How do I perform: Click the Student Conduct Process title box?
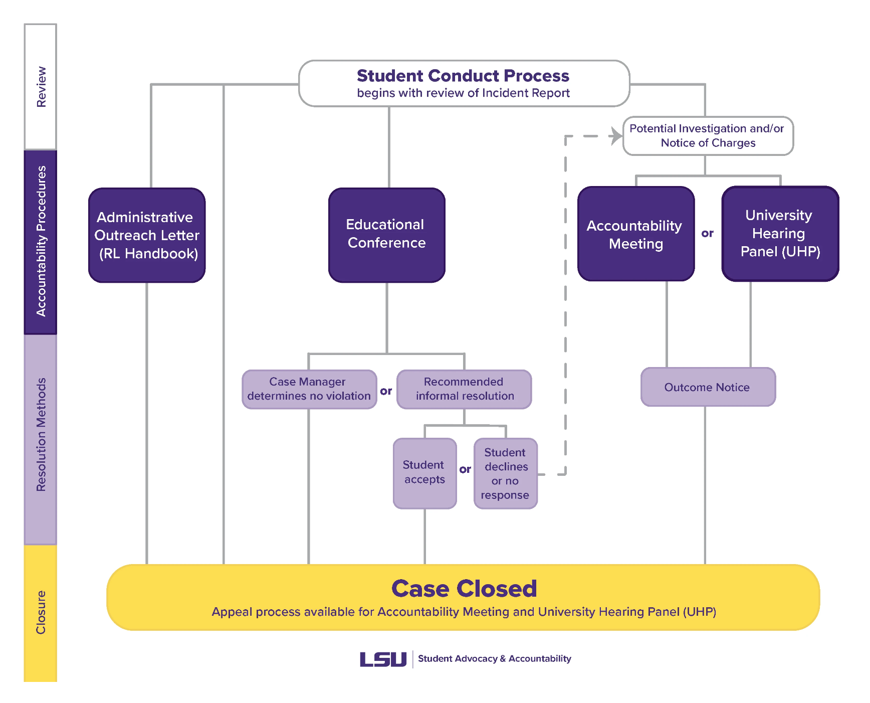[464, 83]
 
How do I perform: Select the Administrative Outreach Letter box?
[147, 235]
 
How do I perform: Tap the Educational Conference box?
[386, 235]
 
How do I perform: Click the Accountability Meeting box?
[635, 234]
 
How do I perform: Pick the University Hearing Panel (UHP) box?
[780, 234]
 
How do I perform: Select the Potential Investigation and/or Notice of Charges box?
[707, 136]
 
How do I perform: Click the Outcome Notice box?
[707, 387]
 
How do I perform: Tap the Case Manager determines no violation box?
[309, 389]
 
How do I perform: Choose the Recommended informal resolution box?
[464, 389]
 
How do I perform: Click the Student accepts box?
[424, 473]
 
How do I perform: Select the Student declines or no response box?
[505, 473]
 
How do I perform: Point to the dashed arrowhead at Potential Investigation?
[616, 136]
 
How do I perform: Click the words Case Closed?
[464, 589]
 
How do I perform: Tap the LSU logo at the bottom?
[383, 659]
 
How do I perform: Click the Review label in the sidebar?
[41, 87]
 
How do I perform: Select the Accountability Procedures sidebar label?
[41, 241]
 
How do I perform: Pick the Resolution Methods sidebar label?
[41, 434]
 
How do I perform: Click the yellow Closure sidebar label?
[41, 612]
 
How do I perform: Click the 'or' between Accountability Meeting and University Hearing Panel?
[707, 234]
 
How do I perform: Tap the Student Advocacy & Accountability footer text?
[494, 659]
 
